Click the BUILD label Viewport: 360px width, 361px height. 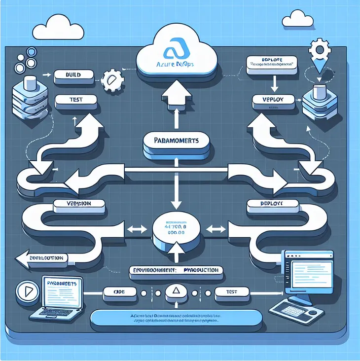(72, 75)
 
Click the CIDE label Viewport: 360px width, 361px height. (116, 292)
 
